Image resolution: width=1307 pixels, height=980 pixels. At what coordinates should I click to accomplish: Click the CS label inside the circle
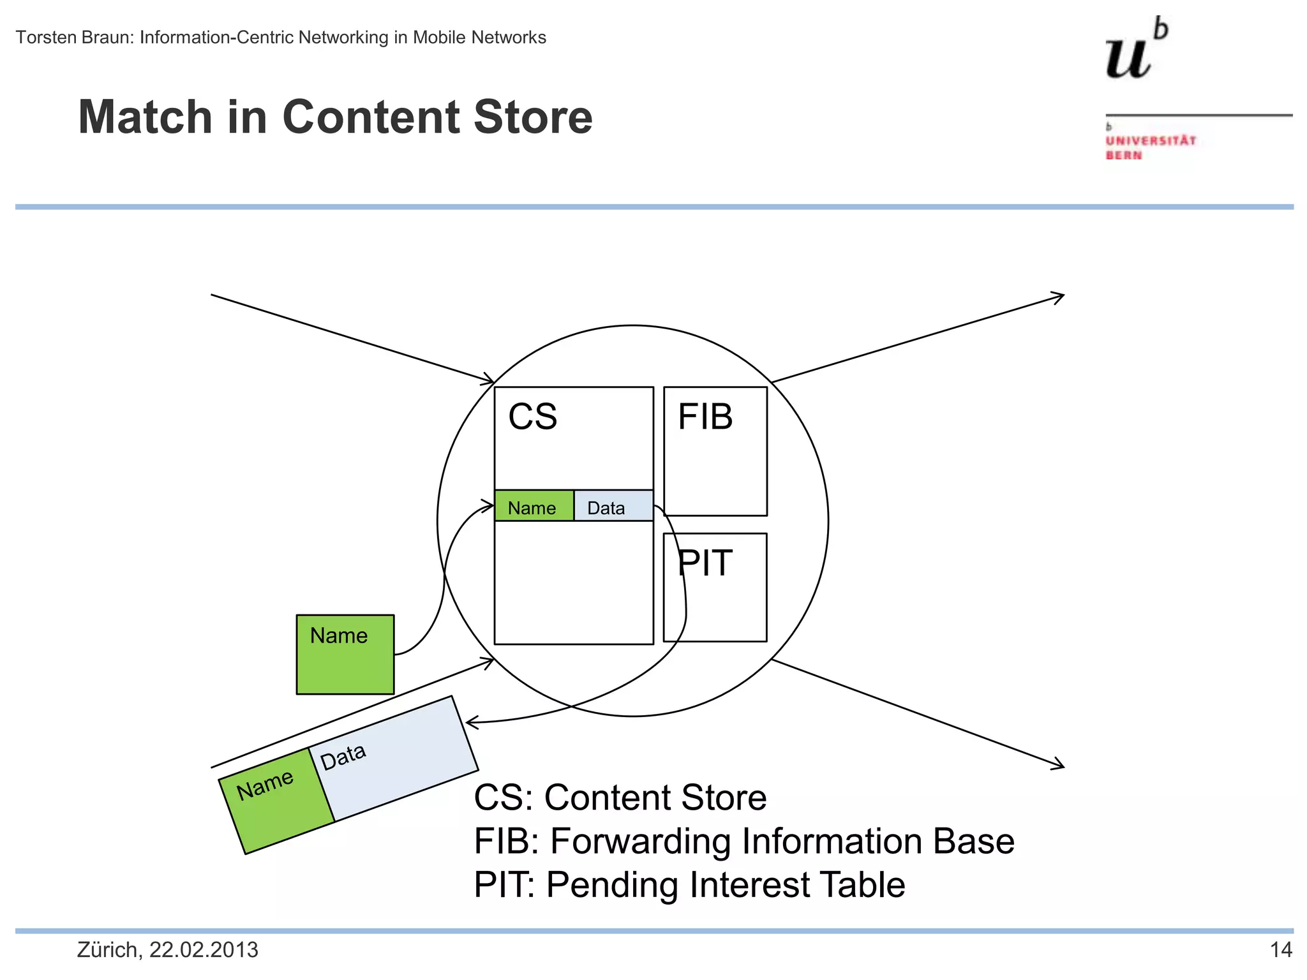tap(532, 417)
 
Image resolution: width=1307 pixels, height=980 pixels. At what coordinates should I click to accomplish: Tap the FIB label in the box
tap(705, 417)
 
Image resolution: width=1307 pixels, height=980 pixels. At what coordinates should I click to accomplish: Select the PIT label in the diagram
tap(705, 563)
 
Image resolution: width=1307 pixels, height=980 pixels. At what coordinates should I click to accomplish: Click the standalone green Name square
tap(345, 655)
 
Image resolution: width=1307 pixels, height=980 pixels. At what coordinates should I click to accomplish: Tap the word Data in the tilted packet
tap(343, 757)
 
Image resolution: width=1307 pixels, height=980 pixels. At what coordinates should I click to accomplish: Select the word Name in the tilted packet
tap(265, 785)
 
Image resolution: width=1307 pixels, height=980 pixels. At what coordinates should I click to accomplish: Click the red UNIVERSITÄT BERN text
tap(1150, 147)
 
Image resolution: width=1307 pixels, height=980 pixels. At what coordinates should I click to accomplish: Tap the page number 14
tap(1280, 950)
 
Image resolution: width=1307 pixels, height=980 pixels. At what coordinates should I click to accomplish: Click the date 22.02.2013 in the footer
tap(204, 950)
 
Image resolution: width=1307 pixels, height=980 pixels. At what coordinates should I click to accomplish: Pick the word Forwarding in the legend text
tap(639, 841)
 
